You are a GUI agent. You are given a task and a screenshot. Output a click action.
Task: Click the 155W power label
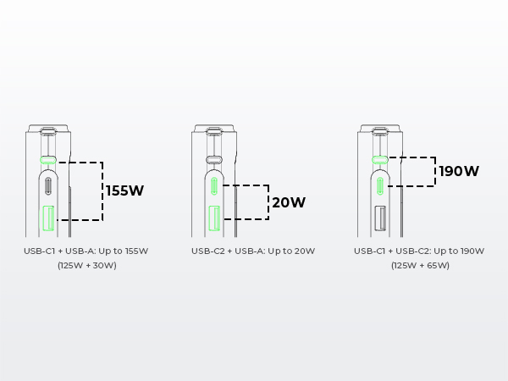click(x=124, y=190)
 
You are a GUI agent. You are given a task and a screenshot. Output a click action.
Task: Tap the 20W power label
click(x=289, y=202)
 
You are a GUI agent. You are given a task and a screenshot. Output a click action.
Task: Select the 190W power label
click(x=459, y=171)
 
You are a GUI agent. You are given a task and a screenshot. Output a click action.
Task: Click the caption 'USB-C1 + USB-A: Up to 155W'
click(x=86, y=251)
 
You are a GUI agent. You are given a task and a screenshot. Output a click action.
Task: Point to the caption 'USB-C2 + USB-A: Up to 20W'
click(x=253, y=251)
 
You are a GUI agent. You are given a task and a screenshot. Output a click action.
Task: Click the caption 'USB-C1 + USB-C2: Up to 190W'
click(x=419, y=251)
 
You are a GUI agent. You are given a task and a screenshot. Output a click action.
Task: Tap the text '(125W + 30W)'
click(x=87, y=265)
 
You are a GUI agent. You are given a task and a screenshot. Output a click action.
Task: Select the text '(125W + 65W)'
click(x=420, y=265)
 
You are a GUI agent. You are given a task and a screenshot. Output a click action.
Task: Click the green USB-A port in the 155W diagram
click(x=48, y=218)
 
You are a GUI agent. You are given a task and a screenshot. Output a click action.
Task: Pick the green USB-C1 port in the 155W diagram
click(x=48, y=160)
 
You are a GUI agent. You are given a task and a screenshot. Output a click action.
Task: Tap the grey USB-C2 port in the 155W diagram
click(x=48, y=186)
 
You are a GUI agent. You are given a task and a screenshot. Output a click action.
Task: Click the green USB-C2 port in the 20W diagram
click(x=214, y=186)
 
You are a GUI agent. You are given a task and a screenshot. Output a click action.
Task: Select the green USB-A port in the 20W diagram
click(x=214, y=218)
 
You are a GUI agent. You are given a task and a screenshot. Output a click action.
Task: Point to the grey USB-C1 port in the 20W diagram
click(x=214, y=160)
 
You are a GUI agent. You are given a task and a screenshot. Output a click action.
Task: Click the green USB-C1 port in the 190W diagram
click(x=380, y=160)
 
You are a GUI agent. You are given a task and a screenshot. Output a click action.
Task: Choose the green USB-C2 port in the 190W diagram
click(x=380, y=186)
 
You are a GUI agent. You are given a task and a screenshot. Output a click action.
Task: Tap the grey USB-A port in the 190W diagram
click(x=380, y=218)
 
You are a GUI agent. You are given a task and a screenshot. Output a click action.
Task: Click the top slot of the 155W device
click(x=48, y=131)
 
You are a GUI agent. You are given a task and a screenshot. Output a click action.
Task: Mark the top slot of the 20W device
click(x=214, y=131)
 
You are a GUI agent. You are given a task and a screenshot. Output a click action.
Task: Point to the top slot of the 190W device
click(x=380, y=131)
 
